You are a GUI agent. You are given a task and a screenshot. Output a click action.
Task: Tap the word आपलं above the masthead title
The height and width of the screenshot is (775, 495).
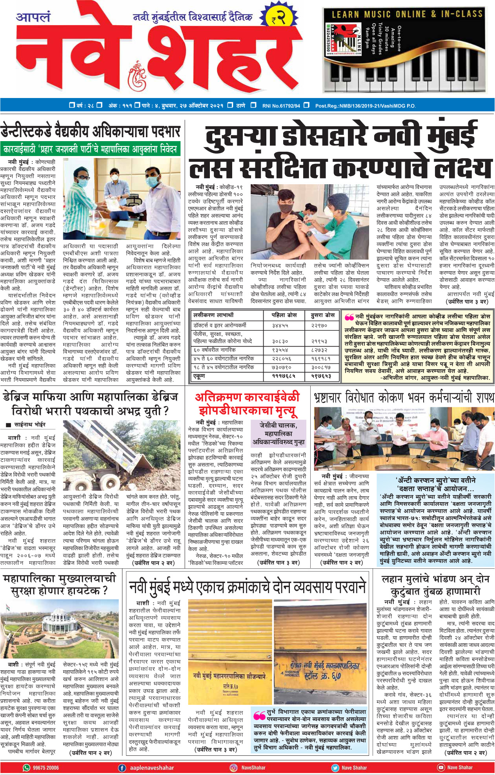coord(33,17)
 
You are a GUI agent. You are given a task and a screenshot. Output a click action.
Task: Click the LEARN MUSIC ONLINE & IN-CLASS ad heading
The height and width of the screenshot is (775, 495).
coord(407,15)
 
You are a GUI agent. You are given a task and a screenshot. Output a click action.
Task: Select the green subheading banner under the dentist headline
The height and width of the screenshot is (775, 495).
coord(90,149)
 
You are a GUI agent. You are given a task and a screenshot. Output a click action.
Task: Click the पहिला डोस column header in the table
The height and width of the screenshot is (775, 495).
coord(284,315)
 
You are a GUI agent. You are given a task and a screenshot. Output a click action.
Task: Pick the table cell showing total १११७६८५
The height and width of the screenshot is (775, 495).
coord(284,376)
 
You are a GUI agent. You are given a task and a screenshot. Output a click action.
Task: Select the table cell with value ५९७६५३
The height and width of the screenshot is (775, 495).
coord(322,376)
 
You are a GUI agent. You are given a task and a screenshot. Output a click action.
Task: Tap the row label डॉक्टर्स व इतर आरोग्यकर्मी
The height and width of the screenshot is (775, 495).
coord(220,325)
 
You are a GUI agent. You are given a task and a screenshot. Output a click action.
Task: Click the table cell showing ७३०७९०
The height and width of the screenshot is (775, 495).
coord(284,367)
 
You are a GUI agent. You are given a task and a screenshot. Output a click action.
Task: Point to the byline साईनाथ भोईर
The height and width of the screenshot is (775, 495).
coord(30,425)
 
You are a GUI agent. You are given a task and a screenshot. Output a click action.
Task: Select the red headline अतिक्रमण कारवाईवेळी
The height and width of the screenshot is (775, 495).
coord(247,397)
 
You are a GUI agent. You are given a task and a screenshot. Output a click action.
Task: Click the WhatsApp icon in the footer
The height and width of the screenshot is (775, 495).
coord(27,768)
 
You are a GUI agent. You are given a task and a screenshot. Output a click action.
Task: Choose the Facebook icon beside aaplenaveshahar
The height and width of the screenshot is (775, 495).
coord(122,768)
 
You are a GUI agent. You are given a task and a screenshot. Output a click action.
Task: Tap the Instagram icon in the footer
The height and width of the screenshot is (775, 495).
coord(234,768)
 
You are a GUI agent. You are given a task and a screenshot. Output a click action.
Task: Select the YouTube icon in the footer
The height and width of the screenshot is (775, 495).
coord(441,768)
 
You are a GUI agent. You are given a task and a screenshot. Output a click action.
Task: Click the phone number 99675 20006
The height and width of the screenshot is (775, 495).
coord(46,768)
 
